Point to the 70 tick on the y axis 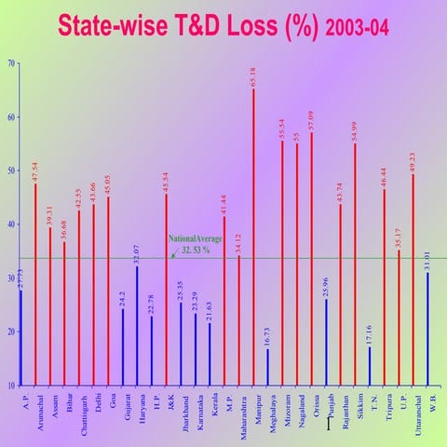(x=9, y=63)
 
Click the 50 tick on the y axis (x=9, y=170)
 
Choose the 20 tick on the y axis (x=9, y=332)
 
